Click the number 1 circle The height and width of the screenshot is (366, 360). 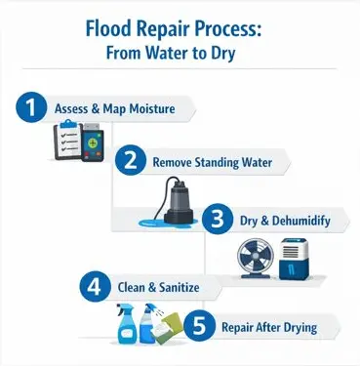[x=31, y=107]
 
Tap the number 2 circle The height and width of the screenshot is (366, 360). [x=131, y=160]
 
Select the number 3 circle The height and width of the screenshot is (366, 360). [x=218, y=219]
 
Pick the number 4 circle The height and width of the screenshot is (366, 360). [x=95, y=286]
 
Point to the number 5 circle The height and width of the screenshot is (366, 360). [x=200, y=326]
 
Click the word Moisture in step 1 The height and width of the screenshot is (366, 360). [x=152, y=108]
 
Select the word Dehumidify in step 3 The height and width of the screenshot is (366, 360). [x=301, y=221]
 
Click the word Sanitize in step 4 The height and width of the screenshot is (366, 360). [x=180, y=287]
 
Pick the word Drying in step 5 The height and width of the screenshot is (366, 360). [x=300, y=328]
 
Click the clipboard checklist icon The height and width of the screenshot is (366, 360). [x=67, y=140]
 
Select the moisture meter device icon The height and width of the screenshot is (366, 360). [x=93, y=142]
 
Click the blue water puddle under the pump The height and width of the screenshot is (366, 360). [x=168, y=223]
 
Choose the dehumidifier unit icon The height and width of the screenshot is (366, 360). [x=294, y=259]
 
